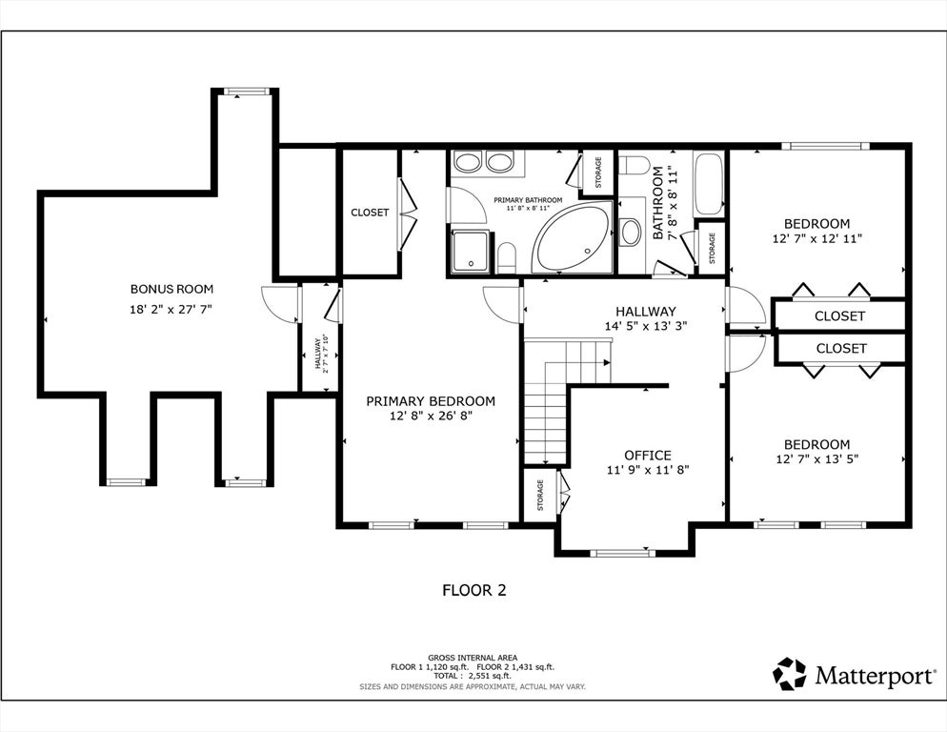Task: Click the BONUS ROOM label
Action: (x=172, y=289)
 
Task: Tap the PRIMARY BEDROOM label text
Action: (x=431, y=400)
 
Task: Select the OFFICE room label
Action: (x=648, y=456)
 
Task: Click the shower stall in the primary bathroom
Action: (x=470, y=251)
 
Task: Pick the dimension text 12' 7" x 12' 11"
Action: (x=817, y=239)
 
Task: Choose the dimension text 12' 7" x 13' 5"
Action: (x=817, y=459)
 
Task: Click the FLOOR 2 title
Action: (x=474, y=590)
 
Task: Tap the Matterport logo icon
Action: (x=790, y=674)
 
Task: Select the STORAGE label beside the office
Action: (x=540, y=495)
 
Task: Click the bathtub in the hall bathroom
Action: (x=709, y=185)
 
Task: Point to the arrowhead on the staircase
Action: (x=606, y=363)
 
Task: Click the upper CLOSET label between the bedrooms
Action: (x=839, y=316)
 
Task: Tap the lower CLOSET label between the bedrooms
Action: (x=841, y=348)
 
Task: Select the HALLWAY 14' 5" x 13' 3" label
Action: (x=646, y=318)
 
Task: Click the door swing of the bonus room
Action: (x=279, y=304)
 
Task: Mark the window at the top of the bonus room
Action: (x=246, y=91)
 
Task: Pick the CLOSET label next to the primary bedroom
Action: (x=370, y=213)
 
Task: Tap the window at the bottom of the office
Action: (x=623, y=553)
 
